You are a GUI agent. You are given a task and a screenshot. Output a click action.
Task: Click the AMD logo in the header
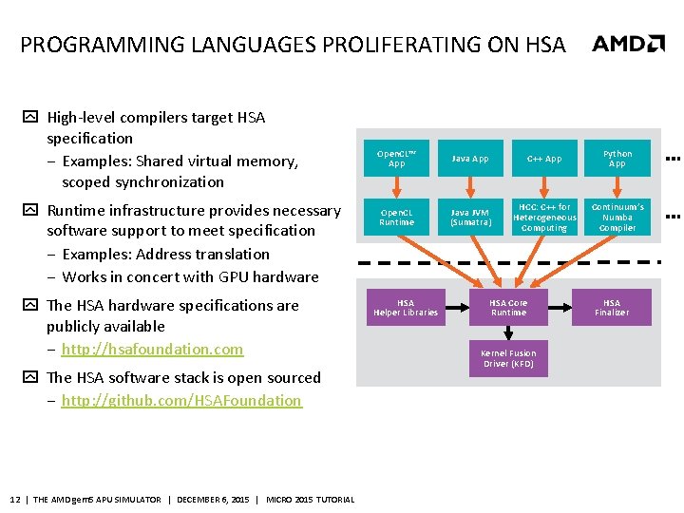click(628, 44)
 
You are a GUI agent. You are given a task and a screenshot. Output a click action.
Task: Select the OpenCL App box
click(397, 159)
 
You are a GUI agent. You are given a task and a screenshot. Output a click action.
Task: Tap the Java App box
click(470, 159)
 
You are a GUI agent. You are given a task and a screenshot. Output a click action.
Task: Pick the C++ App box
click(544, 159)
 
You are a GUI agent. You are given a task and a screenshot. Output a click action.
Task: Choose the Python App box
click(617, 159)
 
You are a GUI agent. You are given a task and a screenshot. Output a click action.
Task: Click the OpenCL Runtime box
click(397, 218)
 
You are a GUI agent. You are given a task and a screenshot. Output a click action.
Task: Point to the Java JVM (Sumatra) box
click(470, 218)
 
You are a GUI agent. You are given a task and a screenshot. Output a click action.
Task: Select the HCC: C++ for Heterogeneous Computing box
click(544, 218)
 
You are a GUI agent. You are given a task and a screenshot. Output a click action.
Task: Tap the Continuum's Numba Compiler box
click(617, 218)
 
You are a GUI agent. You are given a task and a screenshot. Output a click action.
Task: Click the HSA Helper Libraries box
click(406, 308)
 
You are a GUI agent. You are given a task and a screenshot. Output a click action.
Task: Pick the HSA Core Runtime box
click(508, 308)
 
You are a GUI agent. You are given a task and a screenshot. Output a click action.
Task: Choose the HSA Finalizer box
click(612, 308)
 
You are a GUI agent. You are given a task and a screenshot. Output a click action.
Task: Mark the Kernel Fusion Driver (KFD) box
click(508, 358)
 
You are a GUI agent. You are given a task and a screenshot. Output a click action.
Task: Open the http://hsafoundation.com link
click(152, 349)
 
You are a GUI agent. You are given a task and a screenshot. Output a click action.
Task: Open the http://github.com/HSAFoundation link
click(181, 400)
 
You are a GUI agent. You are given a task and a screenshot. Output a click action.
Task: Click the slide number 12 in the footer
click(14, 500)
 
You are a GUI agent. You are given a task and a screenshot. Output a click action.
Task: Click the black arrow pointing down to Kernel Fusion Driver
click(508, 332)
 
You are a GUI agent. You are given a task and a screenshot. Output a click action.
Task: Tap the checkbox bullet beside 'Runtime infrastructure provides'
click(30, 211)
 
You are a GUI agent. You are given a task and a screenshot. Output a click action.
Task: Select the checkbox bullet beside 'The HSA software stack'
click(30, 378)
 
